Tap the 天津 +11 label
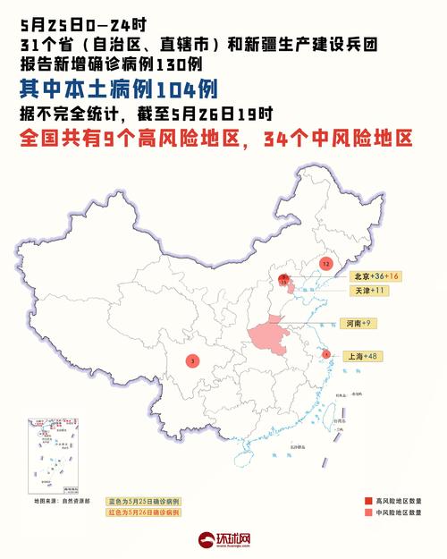pyautogui.click(x=368, y=291)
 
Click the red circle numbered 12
pyautogui.click(x=326, y=265)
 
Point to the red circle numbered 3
pyautogui.click(x=192, y=361)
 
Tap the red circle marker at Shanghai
pyautogui.click(x=326, y=354)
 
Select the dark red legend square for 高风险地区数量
pyautogui.click(x=368, y=501)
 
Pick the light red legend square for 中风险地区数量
pyautogui.click(x=368, y=515)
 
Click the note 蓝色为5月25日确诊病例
pyautogui.click(x=144, y=502)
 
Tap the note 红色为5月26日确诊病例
pyautogui.click(x=144, y=514)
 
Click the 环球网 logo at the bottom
pyautogui.click(x=223, y=541)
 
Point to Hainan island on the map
pyautogui.click(x=242, y=457)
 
